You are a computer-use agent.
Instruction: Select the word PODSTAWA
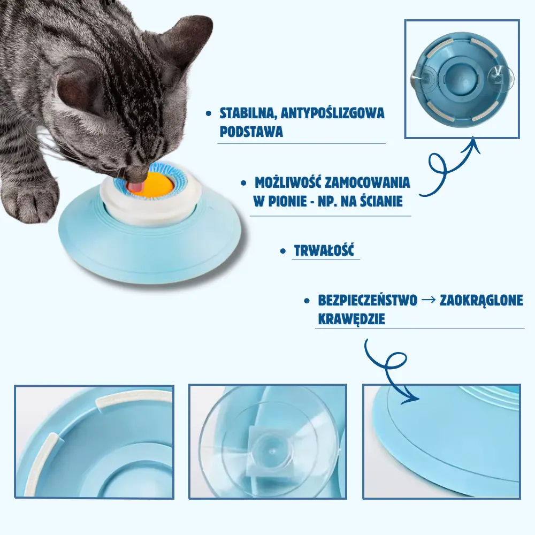(251, 132)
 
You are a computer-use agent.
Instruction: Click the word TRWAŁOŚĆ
(324, 251)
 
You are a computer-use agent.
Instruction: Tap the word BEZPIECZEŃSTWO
(368, 301)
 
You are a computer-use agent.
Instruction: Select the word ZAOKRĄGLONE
(481, 301)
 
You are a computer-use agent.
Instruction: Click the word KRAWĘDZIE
(351, 319)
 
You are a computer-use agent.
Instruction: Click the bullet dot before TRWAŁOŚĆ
(282, 251)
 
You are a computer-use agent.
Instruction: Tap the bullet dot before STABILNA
(209, 114)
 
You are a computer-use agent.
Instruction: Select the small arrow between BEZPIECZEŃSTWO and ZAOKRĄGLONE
(429, 301)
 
